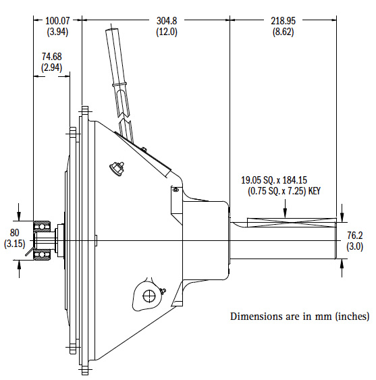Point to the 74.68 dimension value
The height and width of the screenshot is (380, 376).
[x=51, y=57]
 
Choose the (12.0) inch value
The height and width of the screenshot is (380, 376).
[x=167, y=32]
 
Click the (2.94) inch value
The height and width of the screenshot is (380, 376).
[x=51, y=67]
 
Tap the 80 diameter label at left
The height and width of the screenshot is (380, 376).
[x=14, y=233]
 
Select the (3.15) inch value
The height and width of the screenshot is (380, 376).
[x=14, y=243]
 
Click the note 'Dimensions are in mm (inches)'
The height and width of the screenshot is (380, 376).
[x=299, y=316]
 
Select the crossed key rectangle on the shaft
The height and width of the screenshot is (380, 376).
[x=292, y=222]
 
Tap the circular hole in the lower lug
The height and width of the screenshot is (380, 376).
[x=146, y=294]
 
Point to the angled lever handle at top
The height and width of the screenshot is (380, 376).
[x=119, y=74]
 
